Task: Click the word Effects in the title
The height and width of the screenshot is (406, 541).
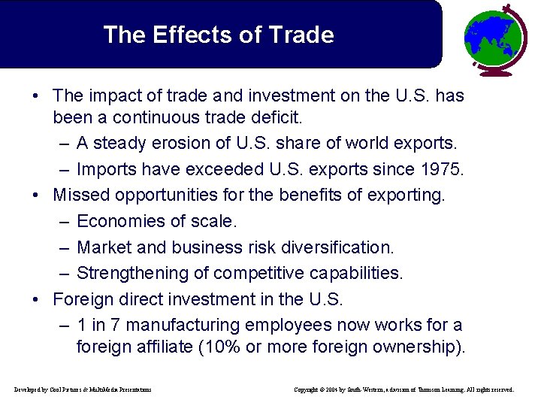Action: point(184,35)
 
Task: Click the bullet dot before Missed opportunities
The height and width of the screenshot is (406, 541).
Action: point(37,195)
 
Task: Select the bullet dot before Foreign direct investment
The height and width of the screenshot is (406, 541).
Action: point(37,299)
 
